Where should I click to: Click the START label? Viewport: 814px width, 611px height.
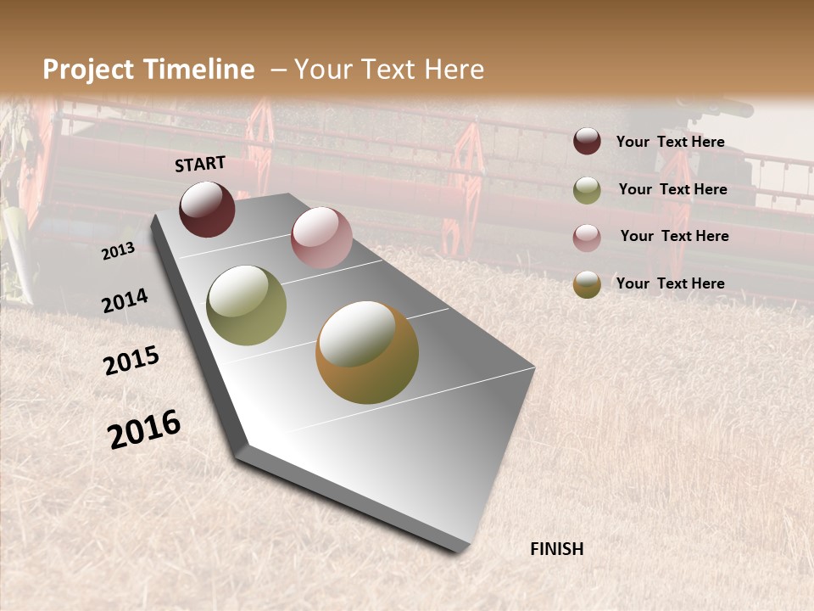(x=200, y=164)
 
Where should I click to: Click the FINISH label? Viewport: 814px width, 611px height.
(x=556, y=549)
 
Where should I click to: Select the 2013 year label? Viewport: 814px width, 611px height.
(x=118, y=250)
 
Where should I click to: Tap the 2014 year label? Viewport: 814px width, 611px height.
(x=125, y=300)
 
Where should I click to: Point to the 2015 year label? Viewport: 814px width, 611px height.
(x=131, y=361)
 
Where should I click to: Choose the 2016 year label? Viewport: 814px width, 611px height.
(x=144, y=429)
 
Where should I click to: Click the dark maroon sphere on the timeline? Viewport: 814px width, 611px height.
(x=207, y=209)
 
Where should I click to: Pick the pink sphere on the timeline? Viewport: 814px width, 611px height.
(x=321, y=238)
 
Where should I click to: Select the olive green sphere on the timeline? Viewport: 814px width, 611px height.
(x=247, y=305)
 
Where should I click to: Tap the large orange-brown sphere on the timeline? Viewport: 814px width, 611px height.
(x=367, y=352)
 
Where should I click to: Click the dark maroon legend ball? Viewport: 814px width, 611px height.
(x=587, y=142)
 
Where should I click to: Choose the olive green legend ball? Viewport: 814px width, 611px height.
(x=587, y=190)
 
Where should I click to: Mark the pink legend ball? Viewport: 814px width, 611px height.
(x=587, y=237)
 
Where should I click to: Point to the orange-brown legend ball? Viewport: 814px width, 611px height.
(x=587, y=284)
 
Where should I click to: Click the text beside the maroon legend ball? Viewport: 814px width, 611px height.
(x=670, y=142)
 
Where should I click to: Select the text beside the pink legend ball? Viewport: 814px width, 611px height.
(x=674, y=236)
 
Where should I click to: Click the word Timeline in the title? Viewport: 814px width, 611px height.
(x=200, y=70)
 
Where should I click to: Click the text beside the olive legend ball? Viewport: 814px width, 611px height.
(x=672, y=189)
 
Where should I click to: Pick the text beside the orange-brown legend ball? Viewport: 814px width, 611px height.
(x=670, y=283)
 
